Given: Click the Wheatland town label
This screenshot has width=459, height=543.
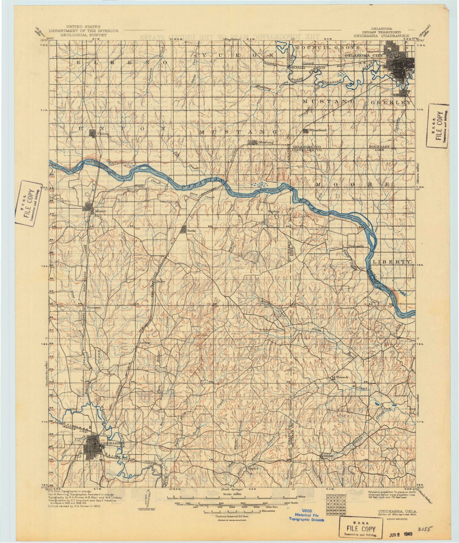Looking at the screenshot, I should click(318, 130).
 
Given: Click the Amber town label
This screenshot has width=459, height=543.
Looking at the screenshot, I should click(144, 343).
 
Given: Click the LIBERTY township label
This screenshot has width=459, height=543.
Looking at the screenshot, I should click(392, 262).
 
